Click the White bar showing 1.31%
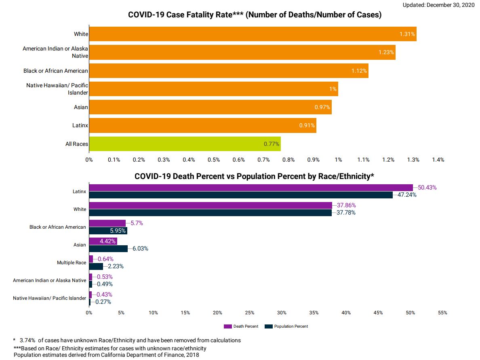pyautogui.click(x=253, y=34)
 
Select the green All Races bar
pyautogui.click(x=185, y=144)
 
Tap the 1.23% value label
pyautogui.click(x=386, y=53)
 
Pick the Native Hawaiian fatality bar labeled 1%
pyautogui.click(x=213, y=89)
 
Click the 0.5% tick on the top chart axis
pyautogui.click(x=214, y=160)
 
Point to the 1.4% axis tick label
pyautogui.click(x=438, y=160)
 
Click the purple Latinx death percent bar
pyautogui.click(x=251, y=187)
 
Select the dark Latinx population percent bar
pyautogui.click(x=240, y=195)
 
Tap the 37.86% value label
pyautogui.click(x=346, y=205)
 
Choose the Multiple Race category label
pyautogui.click(x=72, y=263)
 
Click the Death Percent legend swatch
pyautogui.click(x=227, y=326)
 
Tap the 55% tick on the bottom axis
pyautogui.click(x=442, y=313)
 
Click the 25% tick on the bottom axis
pyautogui.click(x=249, y=313)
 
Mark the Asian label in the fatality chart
pyautogui.click(x=81, y=107)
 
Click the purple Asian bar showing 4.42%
pyautogui.click(x=103, y=241)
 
